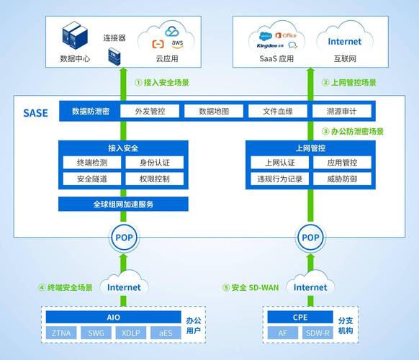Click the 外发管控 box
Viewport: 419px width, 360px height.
point(150,112)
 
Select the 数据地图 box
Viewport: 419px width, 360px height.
point(214,112)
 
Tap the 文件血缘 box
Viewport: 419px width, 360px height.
point(277,112)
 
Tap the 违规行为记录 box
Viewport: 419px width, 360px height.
point(279,179)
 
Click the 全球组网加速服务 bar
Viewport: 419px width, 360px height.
point(123,204)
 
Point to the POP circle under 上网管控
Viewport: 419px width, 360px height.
point(310,237)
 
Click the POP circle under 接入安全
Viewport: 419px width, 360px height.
point(123,237)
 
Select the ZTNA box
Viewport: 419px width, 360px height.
point(62,333)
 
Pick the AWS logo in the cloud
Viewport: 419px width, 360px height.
point(176,43)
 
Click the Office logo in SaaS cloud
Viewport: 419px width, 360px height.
point(287,35)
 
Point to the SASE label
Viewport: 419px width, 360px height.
point(35,113)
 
